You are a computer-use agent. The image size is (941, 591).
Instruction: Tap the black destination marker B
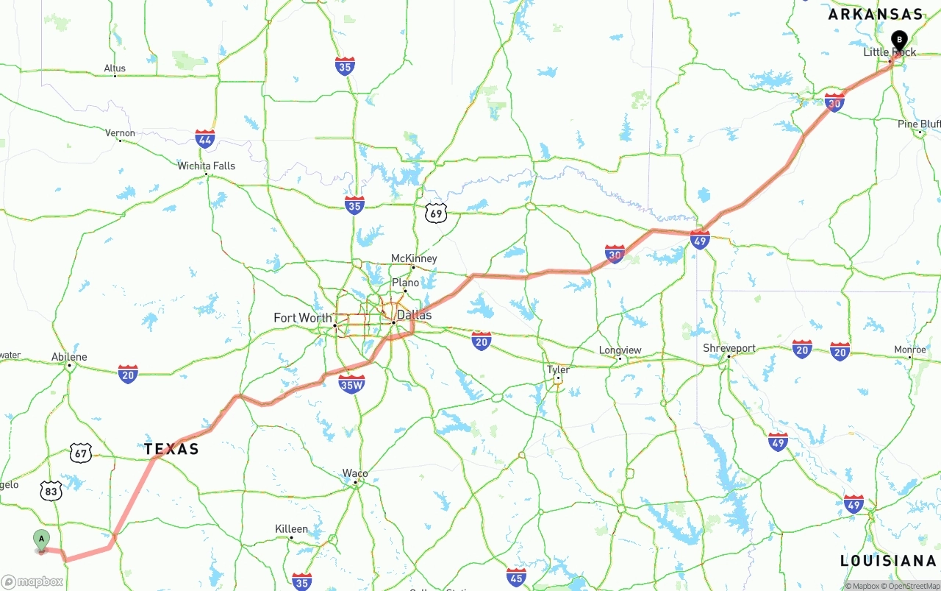[898, 40]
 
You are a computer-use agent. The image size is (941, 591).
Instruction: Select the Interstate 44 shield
[205, 139]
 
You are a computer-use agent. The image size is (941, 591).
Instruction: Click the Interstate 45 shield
[516, 577]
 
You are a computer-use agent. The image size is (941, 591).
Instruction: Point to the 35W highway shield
[351, 383]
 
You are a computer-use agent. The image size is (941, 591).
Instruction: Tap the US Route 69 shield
[436, 213]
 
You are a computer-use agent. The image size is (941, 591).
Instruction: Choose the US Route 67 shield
[81, 453]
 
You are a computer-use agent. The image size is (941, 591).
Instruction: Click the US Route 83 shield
[51, 491]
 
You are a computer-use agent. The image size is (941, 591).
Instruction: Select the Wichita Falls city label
[207, 166]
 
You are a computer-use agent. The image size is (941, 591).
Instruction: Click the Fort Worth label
[302, 318]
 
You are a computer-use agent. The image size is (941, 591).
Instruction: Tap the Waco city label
[355, 473]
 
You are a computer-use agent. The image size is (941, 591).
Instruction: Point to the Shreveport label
[729, 348]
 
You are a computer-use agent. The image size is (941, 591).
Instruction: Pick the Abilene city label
[69, 357]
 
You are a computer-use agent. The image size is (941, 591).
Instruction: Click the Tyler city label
[558, 369]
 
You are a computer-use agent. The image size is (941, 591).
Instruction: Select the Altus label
[115, 68]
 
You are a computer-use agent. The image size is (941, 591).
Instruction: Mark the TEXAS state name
[171, 449]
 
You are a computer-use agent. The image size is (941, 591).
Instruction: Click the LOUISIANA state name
[888, 561]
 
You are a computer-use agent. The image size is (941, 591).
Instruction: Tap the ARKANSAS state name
[875, 14]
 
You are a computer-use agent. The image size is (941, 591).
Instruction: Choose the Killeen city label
[291, 528]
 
